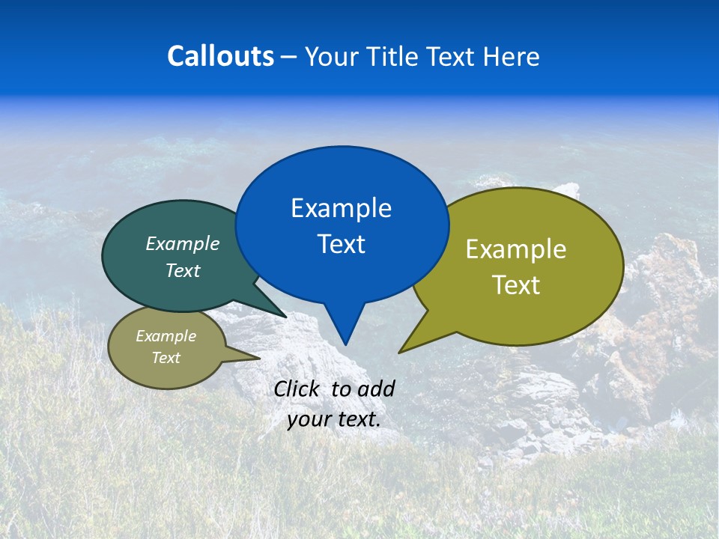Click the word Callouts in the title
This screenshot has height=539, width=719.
click(220, 56)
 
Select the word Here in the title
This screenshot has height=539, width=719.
click(511, 56)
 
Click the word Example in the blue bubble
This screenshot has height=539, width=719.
click(341, 208)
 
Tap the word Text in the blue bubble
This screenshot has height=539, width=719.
click(341, 244)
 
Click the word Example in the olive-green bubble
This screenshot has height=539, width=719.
click(516, 249)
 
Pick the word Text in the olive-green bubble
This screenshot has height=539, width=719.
click(516, 285)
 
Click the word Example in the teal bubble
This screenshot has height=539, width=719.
click(182, 244)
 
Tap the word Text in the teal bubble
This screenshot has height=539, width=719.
click(182, 270)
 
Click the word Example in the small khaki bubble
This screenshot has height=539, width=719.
click(166, 336)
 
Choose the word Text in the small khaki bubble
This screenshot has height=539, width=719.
click(166, 358)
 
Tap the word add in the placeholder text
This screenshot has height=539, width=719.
click(375, 389)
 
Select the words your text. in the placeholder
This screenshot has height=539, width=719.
click(333, 419)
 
